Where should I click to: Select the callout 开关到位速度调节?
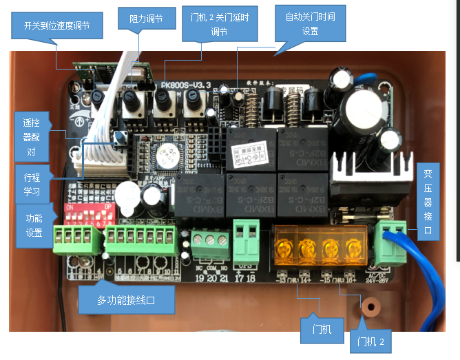tap(56, 25)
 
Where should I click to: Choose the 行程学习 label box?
tap(32, 183)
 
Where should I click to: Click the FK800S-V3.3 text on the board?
tap(185, 85)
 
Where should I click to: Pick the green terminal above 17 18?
tap(246, 236)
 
